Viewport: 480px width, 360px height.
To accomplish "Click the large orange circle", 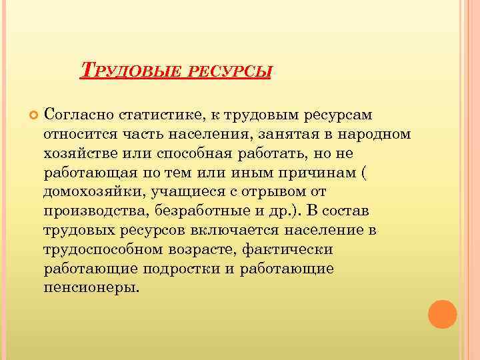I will pyautogui.click(x=442, y=313).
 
